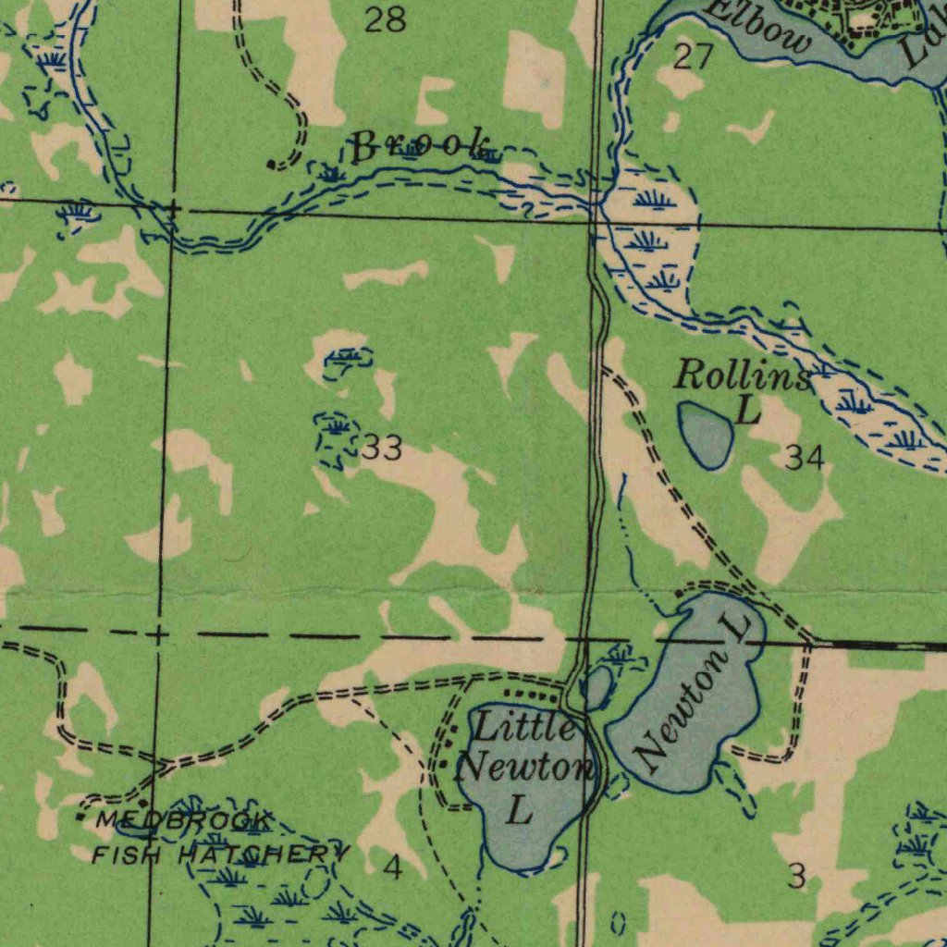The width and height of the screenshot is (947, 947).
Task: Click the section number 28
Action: coord(385,20)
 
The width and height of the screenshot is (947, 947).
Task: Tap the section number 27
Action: coord(693,57)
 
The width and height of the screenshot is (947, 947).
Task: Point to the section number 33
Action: coord(382,449)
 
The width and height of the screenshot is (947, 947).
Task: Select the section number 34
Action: coord(804,456)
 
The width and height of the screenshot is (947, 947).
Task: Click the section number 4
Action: coord(394,867)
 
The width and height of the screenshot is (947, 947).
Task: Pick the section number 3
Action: coord(796,876)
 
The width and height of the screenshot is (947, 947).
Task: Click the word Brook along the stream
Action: coord(421,146)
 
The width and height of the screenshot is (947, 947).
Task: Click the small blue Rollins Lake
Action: coord(707,433)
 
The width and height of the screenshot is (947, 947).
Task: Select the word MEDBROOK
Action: coord(185,820)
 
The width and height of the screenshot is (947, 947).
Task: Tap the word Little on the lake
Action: coord(524,728)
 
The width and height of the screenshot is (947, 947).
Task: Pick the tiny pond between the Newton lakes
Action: coord(597,686)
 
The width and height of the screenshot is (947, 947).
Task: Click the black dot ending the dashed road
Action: coord(270,166)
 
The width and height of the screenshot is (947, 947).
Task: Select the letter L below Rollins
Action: coord(748,410)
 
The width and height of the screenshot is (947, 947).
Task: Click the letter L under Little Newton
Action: coord(521,811)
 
